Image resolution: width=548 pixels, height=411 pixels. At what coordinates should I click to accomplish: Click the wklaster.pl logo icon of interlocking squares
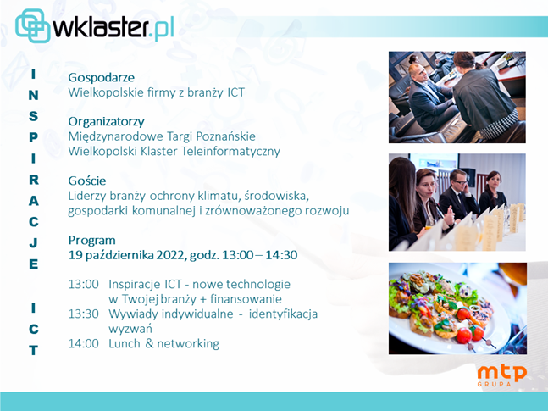(33, 25)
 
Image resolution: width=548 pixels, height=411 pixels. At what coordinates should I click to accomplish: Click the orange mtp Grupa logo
(502, 375)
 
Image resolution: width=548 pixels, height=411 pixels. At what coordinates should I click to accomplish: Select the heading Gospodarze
(102, 78)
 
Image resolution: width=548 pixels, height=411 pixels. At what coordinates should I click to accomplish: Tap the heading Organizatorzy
(106, 122)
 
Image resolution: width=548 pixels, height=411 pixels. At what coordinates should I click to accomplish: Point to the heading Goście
(87, 181)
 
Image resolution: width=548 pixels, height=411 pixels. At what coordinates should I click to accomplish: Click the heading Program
(92, 241)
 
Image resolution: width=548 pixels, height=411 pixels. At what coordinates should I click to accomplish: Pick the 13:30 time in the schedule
(84, 314)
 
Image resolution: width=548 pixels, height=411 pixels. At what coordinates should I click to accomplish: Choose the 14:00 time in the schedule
(84, 343)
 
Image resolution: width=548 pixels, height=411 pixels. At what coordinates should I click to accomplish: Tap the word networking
(188, 344)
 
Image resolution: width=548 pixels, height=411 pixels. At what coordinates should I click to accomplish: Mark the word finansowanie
(246, 299)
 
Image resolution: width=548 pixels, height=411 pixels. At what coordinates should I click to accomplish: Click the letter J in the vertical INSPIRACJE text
(33, 242)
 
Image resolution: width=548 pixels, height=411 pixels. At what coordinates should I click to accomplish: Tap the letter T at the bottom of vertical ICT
(33, 350)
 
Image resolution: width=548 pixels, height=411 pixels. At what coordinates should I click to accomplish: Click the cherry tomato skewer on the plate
(470, 329)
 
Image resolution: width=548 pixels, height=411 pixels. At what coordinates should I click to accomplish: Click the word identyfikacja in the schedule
(283, 314)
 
